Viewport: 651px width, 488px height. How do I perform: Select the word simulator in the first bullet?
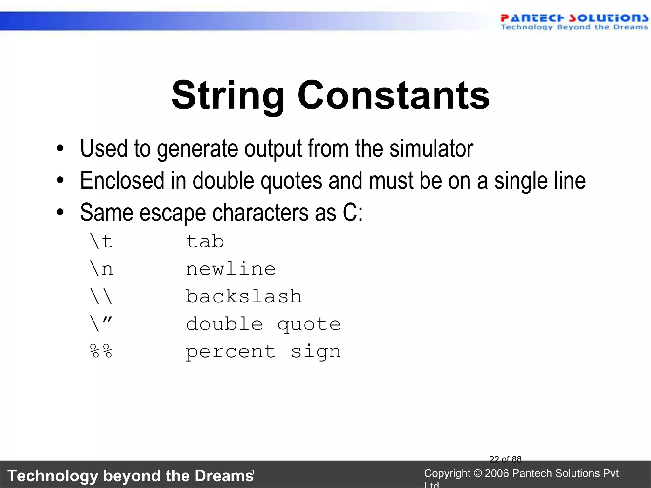point(431,148)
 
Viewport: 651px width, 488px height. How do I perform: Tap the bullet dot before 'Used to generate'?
point(60,148)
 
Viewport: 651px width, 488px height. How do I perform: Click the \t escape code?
point(101,241)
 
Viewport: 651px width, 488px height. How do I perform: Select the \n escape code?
point(101,269)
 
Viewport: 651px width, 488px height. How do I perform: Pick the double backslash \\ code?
point(101,296)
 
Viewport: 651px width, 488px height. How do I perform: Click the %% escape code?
point(101,351)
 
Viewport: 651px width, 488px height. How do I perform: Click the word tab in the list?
point(205,241)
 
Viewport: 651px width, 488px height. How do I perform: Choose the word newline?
point(231,269)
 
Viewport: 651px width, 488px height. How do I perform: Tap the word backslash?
point(243,296)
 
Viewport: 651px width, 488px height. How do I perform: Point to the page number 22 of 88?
point(505,459)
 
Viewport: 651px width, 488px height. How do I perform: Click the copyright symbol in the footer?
point(477,473)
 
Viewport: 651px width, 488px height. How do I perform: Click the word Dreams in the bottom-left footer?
point(224,476)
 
